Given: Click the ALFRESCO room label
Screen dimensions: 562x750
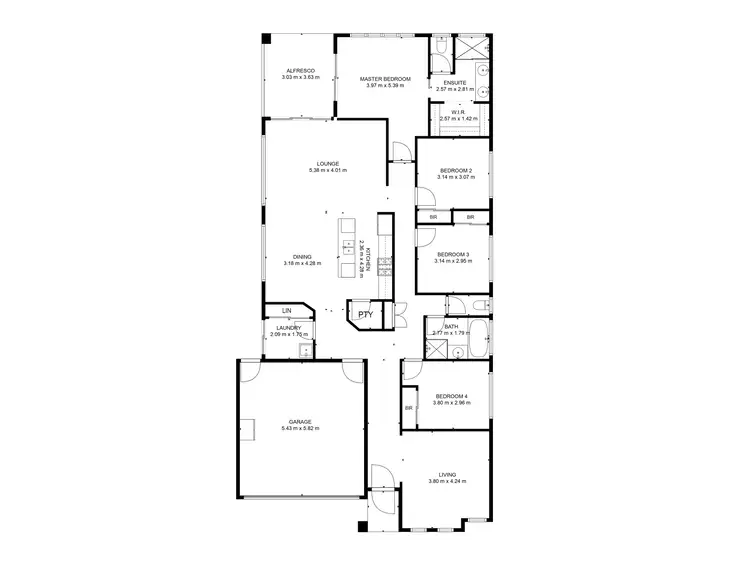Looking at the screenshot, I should (x=300, y=71).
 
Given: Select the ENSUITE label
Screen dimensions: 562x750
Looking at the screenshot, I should (x=455, y=83).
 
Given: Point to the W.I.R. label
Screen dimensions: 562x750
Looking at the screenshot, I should (x=460, y=113).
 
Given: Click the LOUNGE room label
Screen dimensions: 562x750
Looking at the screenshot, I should (x=328, y=164).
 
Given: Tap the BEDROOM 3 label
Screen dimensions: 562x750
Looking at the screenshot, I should (x=453, y=256).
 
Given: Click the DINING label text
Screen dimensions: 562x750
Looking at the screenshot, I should (x=301, y=257).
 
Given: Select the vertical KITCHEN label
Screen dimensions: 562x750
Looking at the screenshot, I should (x=367, y=258).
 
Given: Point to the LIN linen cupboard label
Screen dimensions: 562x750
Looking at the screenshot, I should (x=285, y=311).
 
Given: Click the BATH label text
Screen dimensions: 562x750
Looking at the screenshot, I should (x=452, y=326).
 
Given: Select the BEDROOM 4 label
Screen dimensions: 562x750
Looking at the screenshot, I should (x=452, y=397).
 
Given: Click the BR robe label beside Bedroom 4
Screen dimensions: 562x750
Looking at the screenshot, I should (x=409, y=408).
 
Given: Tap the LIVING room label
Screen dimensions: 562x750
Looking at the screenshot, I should (x=447, y=475).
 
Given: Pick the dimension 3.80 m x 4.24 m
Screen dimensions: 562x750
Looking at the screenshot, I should (x=447, y=482).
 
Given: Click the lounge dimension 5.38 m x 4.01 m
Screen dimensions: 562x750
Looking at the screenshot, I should (x=328, y=171).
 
